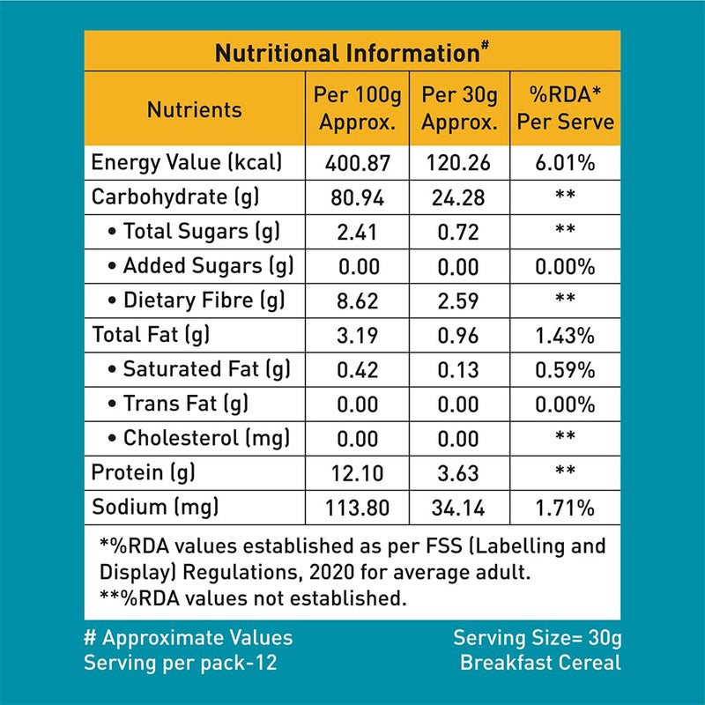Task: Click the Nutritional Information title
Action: (x=352, y=54)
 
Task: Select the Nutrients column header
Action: (x=194, y=110)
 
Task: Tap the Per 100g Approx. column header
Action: (x=357, y=108)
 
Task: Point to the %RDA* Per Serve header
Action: (x=565, y=108)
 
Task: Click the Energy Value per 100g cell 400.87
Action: (x=357, y=163)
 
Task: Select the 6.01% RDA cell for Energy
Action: (x=565, y=163)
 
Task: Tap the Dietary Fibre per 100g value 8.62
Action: (x=357, y=301)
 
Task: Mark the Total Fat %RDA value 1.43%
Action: (x=565, y=335)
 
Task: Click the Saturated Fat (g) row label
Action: (x=202, y=369)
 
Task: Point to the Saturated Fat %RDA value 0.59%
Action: (x=565, y=369)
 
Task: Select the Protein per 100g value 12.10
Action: (x=357, y=473)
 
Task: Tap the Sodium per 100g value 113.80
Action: (x=357, y=508)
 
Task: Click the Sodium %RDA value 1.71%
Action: (x=565, y=508)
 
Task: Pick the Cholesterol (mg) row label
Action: (x=202, y=438)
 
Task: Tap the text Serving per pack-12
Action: (x=180, y=662)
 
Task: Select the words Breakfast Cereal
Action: (x=540, y=662)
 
